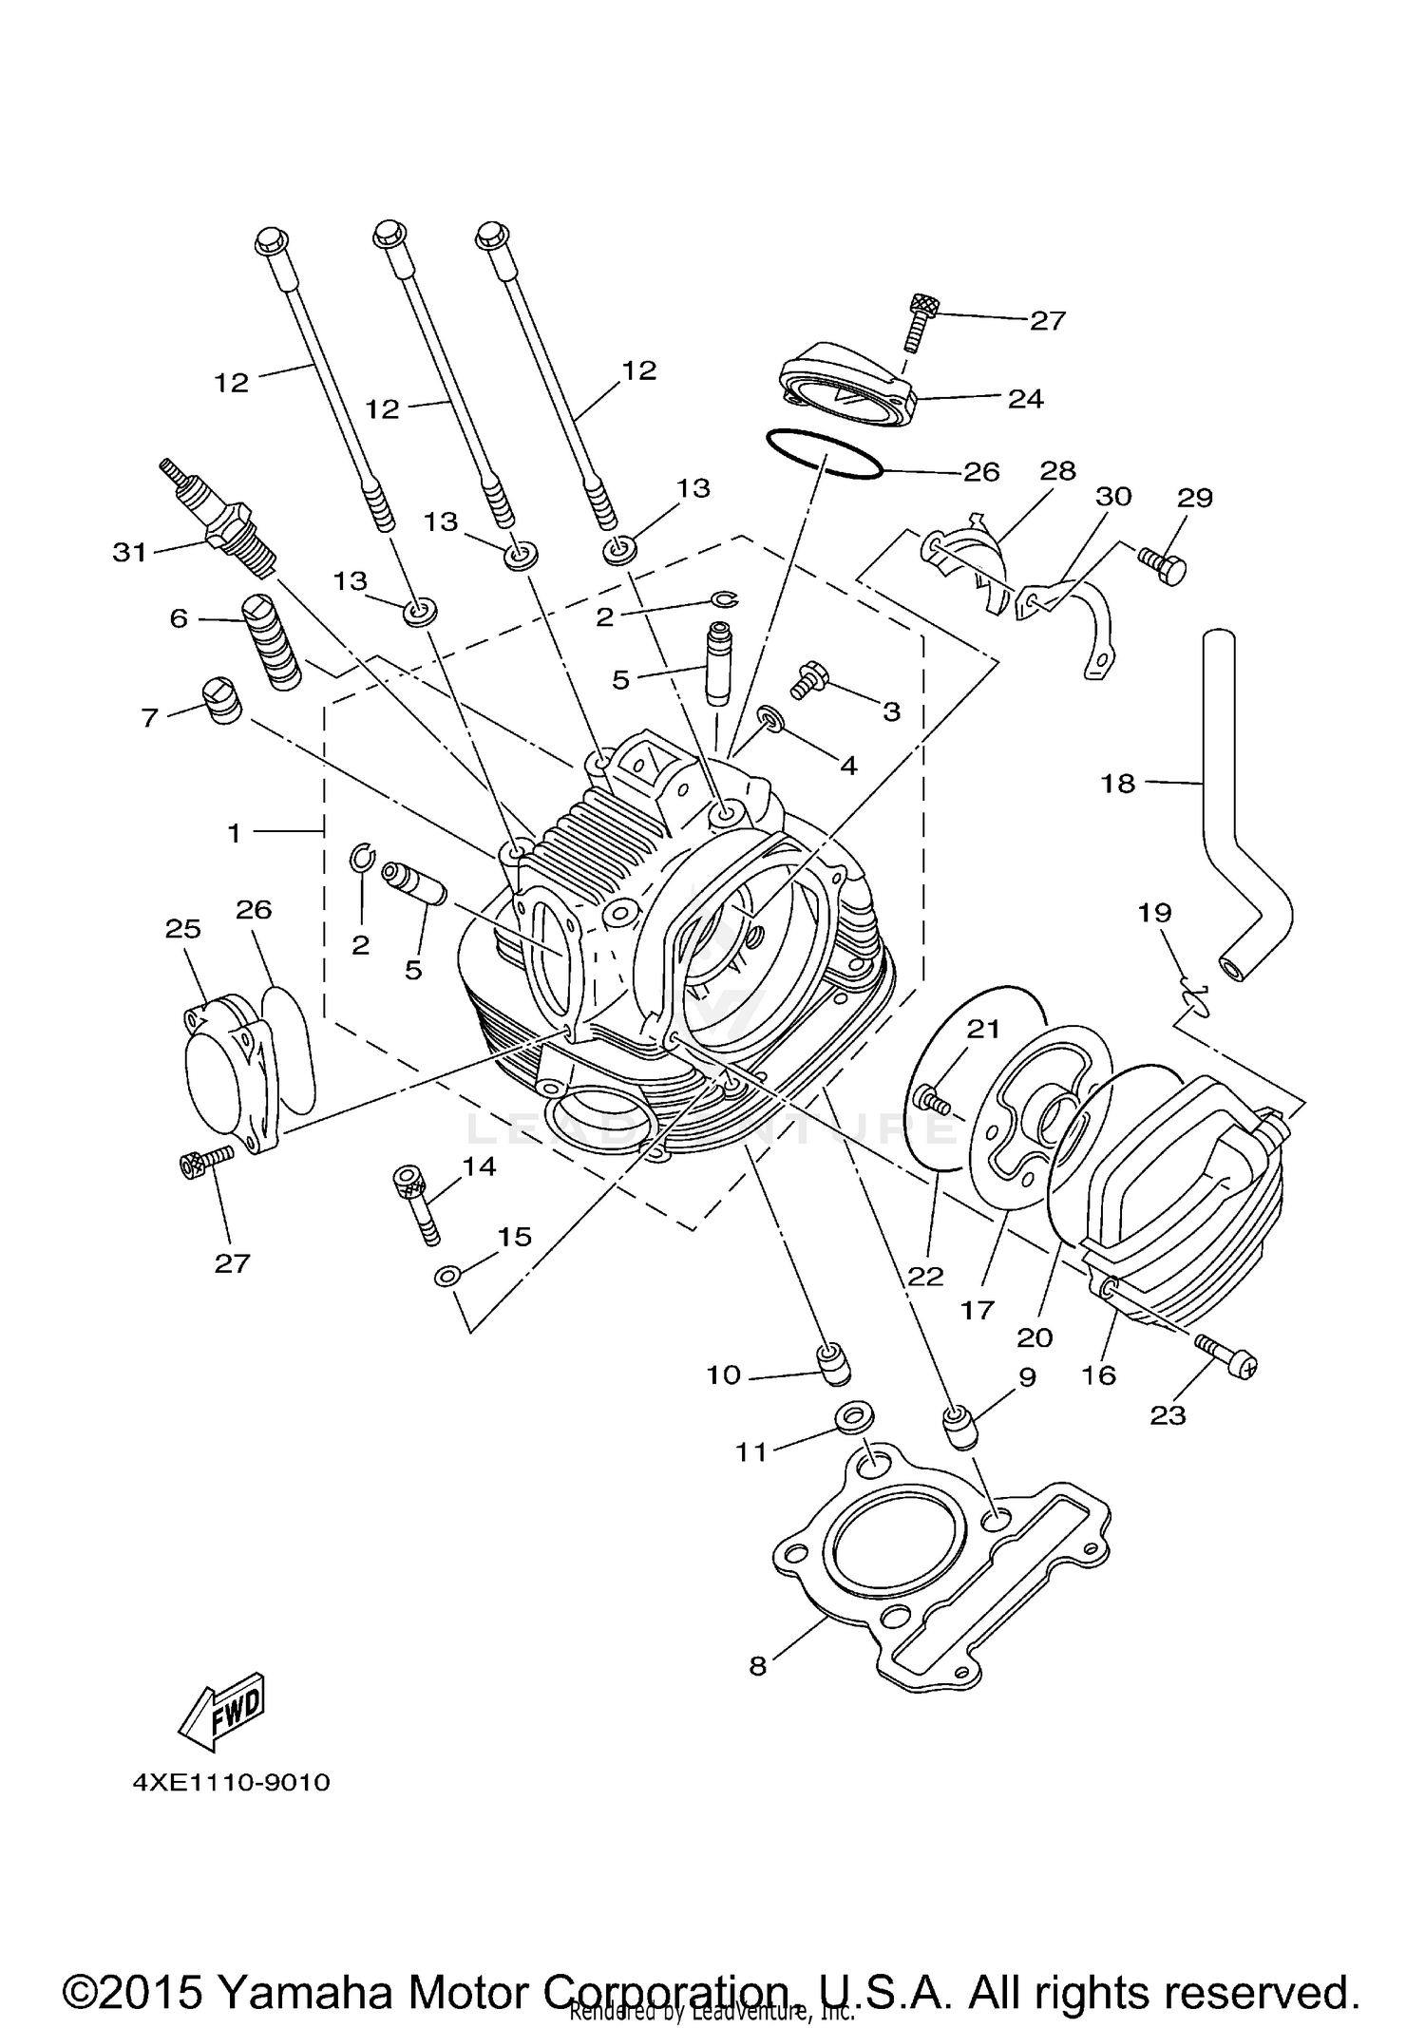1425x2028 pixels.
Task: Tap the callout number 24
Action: pos(1026,399)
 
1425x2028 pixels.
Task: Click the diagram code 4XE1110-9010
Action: pos(232,1782)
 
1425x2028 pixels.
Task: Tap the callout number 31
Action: pos(129,552)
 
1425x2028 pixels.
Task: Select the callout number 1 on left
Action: pos(234,833)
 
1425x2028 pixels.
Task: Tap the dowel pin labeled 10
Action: pos(834,1366)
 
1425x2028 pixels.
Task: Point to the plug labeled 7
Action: pos(222,703)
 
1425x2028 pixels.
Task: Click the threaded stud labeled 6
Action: pos(272,643)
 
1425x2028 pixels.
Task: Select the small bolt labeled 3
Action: pos(809,679)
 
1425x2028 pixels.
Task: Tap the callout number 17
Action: pos(978,1310)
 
